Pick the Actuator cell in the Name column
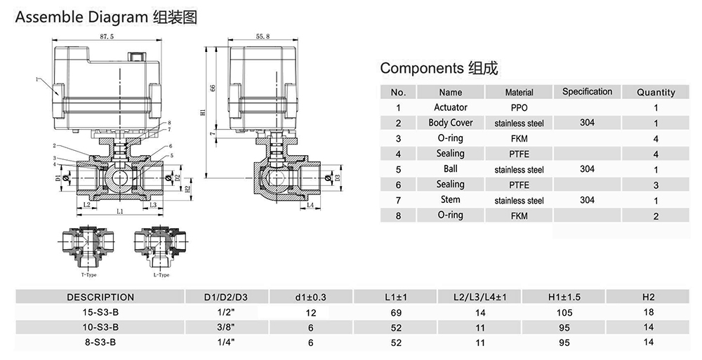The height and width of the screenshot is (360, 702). coord(450,107)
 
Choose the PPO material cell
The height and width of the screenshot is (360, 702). coord(519,107)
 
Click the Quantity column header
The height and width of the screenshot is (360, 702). coord(656,92)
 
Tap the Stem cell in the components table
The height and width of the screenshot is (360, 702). coord(450,200)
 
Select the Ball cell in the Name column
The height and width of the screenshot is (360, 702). coord(450,169)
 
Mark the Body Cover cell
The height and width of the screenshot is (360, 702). coord(450,123)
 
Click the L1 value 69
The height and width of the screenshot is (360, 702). coord(395,312)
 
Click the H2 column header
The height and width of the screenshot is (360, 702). coord(649,297)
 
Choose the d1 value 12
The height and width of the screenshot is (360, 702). coord(312,312)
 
